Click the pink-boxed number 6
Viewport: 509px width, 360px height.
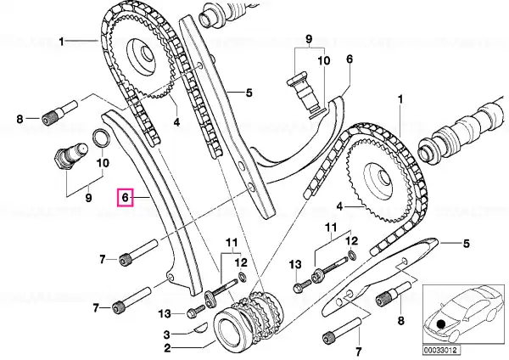tap(124, 198)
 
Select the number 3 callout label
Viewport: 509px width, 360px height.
tap(168, 334)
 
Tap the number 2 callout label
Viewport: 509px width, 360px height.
tap(168, 348)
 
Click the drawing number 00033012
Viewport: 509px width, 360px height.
tap(441, 348)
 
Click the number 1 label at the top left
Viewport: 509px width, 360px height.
tap(61, 41)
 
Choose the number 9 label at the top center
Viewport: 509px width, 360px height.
tap(309, 39)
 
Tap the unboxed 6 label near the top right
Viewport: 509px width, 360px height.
tap(349, 59)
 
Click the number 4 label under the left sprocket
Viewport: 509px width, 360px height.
tap(176, 122)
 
